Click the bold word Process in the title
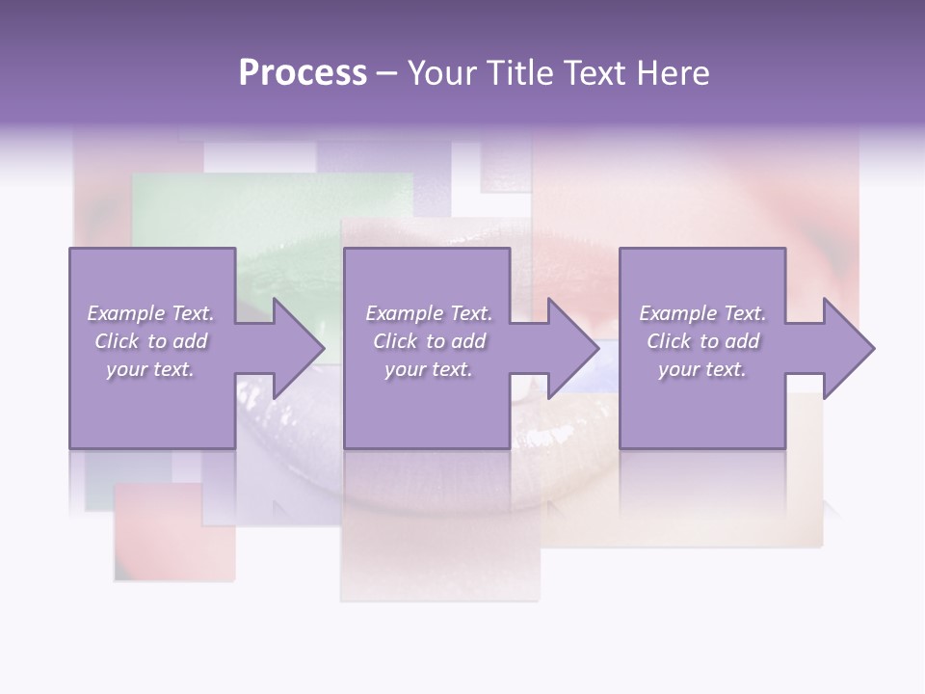point(303,73)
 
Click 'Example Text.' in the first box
point(150,313)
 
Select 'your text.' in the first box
point(150,369)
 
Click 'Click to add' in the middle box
point(429,341)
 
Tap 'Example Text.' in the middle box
point(429,313)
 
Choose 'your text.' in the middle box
point(429,369)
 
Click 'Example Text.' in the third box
point(702,313)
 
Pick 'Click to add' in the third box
point(702,341)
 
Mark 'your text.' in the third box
point(702,369)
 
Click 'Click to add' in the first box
point(150,341)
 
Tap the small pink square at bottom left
point(173,535)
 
